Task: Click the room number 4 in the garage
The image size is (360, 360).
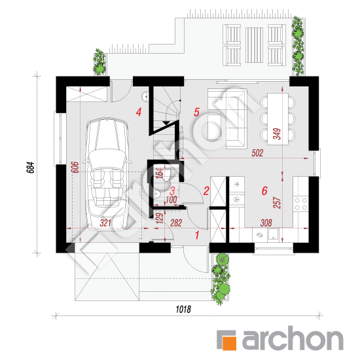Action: pyautogui.click(x=139, y=113)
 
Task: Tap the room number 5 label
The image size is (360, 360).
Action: pyautogui.click(x=196, y=113)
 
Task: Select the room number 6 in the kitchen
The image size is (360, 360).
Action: pyautogui.click(x=264, y=190)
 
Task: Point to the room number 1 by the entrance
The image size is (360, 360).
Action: pyautogui.click(x=197, y=236)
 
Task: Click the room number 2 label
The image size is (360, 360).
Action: pyautogui.click(x=206, y=190)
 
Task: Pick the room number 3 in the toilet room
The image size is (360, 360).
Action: pyautogui.click(x=172, y=190)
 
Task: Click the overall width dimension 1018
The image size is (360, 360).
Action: pyautogui.click(x=183, y=309)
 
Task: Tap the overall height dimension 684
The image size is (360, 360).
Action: pyautogui.click(x=31, y=168)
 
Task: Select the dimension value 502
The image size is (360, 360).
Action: pyautogui.click(x=257, y=153)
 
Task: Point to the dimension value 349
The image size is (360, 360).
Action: pyautogui.click(x=277, y=134)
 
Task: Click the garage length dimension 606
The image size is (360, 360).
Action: pyautogui.click(x=75, y=168)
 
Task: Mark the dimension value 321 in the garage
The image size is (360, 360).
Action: pyautogui.click(x=105, y=223)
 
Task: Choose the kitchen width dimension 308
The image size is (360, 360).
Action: pyautogui.click(x=266, y=223)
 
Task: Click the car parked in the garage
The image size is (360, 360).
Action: pyautogui.click(x=107, y=174)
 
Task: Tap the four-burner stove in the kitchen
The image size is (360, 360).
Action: pyautogui.click(x=301, y=204)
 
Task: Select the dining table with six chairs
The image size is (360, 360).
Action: pyautogui.click(x=278, y=118)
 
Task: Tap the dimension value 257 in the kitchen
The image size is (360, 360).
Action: pyautogui.click(x=277, y=203)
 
